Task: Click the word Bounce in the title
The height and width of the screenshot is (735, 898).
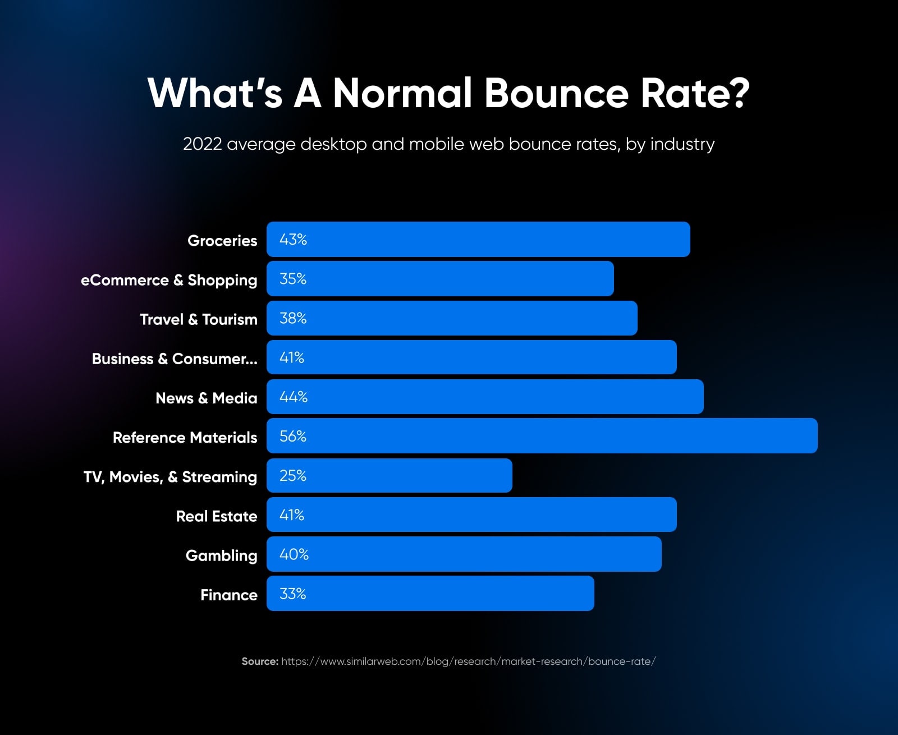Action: click(556, 93)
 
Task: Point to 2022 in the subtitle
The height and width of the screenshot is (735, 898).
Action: click(202, 144)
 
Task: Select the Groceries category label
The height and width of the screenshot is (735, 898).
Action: click(222, 241)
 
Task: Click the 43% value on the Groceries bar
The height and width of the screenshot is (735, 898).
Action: click(293, 240)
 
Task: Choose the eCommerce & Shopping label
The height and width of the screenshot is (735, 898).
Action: click(169, 280)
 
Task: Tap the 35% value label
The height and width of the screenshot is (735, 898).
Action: click(293, 279)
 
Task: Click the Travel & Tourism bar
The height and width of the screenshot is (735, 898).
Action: click(452, 318)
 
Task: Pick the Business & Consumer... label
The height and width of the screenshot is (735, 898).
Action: click(175, 359)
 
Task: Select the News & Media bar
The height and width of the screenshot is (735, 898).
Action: click(485, 397)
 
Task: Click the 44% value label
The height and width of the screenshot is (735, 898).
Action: click(294, 397)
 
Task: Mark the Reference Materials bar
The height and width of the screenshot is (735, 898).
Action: click(542, 436)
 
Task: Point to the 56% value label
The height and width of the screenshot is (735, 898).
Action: click(293, 437)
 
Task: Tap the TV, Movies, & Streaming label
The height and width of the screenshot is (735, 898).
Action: click(170, 477)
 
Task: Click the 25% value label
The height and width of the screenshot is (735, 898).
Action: click(293, 476)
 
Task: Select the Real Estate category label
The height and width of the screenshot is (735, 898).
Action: click(217, 516)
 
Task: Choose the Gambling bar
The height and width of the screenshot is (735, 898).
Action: click(464, 554)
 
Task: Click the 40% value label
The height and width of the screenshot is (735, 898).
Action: click(294, 554)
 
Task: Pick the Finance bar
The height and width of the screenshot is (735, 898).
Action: click(430, 594)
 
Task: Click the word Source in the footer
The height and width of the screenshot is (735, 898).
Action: click(260, 661)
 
